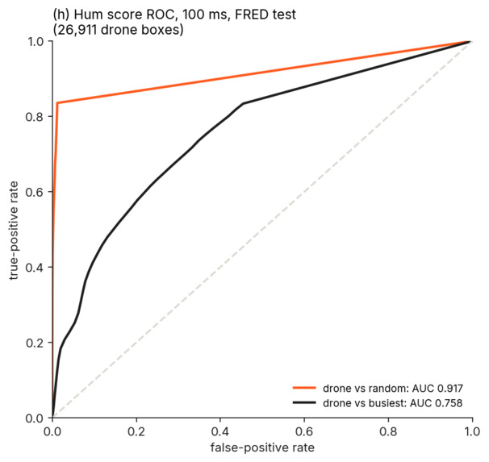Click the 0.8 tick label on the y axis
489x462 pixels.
(x=35, y=117)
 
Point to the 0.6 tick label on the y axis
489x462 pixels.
(x=35, y=192)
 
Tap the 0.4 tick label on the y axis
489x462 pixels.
(x=35, y=267)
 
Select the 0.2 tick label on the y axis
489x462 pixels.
(x=35, y=343)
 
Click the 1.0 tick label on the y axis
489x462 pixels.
(x=36, y=41)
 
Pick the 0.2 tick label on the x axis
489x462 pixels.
(x=136, y=431)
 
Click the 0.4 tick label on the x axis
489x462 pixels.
(x=220, y=431)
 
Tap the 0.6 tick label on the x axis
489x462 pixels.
(x=304, y=431)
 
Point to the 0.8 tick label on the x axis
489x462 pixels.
(x=388, y=431)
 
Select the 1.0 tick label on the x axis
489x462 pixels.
(x=472, y=431)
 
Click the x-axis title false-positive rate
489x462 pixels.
(x=262, y=447)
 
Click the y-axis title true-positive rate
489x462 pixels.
(x=14, y=231)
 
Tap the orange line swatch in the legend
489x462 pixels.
(x=304, y=388)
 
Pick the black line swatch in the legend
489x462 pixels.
(x=304, y=403)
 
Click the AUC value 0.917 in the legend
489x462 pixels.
(x=450, y=389)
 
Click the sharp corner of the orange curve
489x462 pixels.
(x=57, y=103)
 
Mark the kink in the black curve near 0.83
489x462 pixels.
(x=243, y=103)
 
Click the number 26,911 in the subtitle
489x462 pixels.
(x=77, y=30)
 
